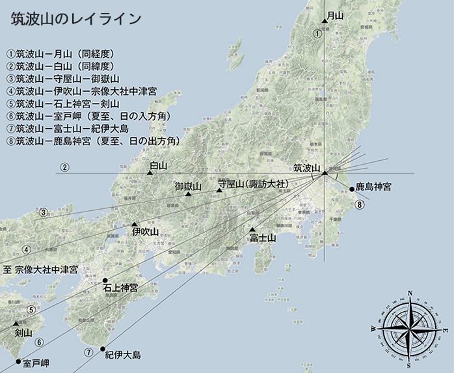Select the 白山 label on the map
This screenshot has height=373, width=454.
[158, 166]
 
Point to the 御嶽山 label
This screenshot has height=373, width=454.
[189, 187]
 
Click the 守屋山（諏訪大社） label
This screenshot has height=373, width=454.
[252, 184]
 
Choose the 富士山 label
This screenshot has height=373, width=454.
[263, 238]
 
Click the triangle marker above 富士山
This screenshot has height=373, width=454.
[252, 230]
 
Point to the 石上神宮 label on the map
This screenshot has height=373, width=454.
[120, 288]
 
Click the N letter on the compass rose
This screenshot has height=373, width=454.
[408, 293]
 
